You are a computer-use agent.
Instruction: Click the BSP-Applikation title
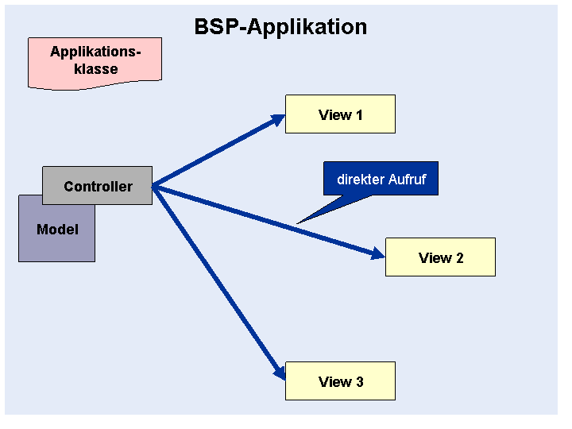280,27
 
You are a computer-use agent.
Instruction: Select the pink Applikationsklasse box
95,63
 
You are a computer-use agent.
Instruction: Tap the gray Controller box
98,185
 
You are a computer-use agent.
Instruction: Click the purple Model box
57,234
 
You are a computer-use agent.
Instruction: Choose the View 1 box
340,114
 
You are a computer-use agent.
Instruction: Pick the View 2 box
440,257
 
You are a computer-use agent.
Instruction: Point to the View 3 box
340,381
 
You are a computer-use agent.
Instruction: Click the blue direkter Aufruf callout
381,179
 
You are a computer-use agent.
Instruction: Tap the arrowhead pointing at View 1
278,120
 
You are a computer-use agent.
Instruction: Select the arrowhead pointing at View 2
378,253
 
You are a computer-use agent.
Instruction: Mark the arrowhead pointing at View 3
280,373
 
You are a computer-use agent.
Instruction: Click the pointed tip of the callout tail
297,223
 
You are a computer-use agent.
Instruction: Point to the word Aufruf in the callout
407,180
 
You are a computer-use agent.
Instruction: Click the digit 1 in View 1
359,115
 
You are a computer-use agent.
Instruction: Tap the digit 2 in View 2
460,258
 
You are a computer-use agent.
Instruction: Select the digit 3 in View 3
360,382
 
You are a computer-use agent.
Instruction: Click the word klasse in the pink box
96,69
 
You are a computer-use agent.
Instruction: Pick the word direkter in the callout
361,180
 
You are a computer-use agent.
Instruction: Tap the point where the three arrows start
153,186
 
